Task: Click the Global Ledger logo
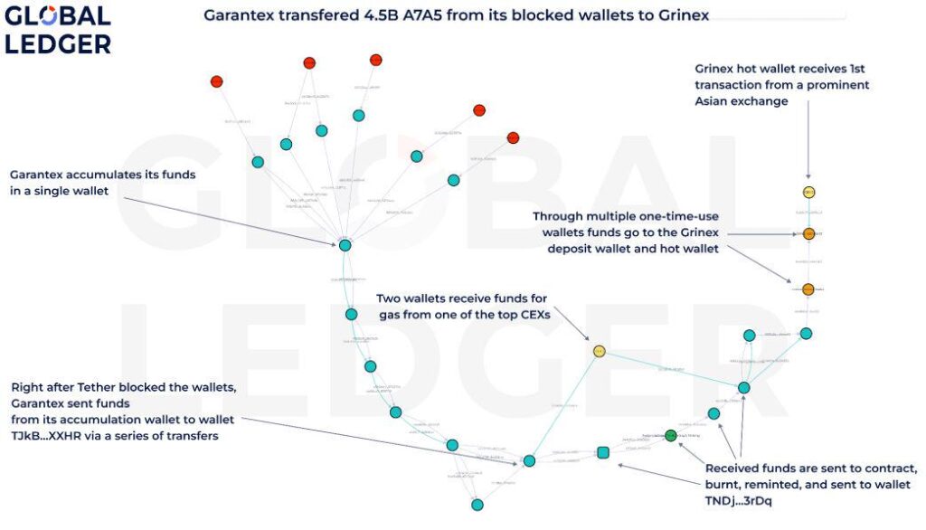coord(58,29)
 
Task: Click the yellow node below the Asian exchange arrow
coord(809,192)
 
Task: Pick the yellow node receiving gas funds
coord(599,351)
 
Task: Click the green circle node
coord(671,435)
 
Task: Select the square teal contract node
coord(603,452)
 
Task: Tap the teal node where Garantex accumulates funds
coord(345,245)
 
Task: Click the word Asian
coord(714,101)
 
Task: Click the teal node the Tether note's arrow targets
coord(530,461)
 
